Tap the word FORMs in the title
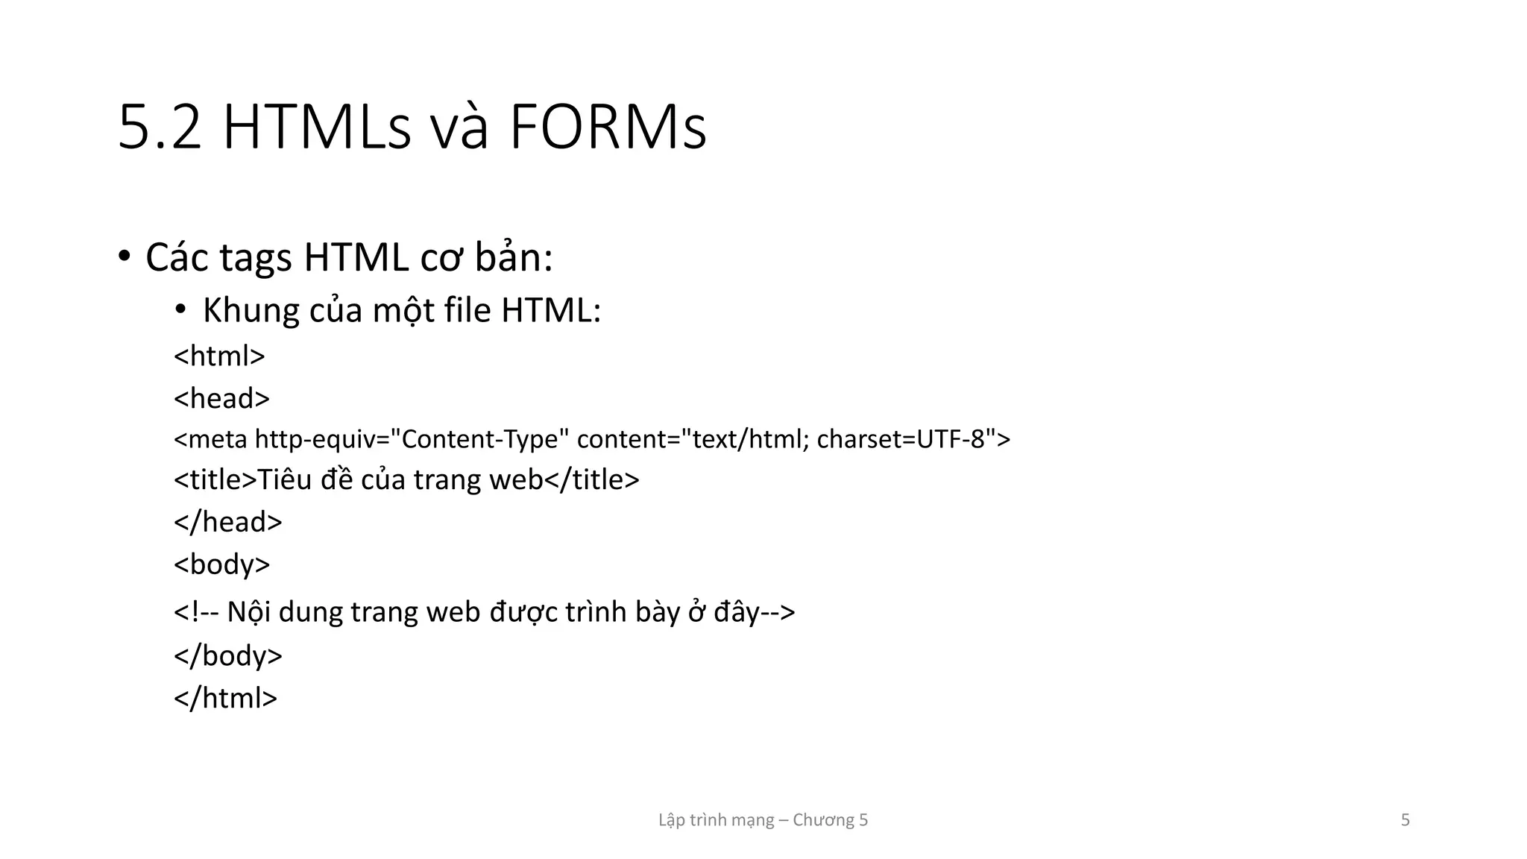pyautogui.click(x=608, y=128)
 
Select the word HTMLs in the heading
pyautogui.click(x=317, y=128)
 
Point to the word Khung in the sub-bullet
pyautogui.click(x=251, y=310)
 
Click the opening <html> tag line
pyautogui.click(x=219, y=356)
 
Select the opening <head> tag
pyautogui.click(x=221, y=398)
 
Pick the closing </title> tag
pyautogui.click(x=592, y=479)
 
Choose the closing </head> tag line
pyautogui.click(x=228, y=522)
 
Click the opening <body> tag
pyautogui.click(x=221, y=564)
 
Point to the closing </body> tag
pyautogui.click(x=228, y=655)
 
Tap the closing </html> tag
pyautogui.click(x=225, y=698)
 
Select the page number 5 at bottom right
pyautogui.click(x=1405, y=820)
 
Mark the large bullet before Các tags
pyautogui.click(x=124, y=257)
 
